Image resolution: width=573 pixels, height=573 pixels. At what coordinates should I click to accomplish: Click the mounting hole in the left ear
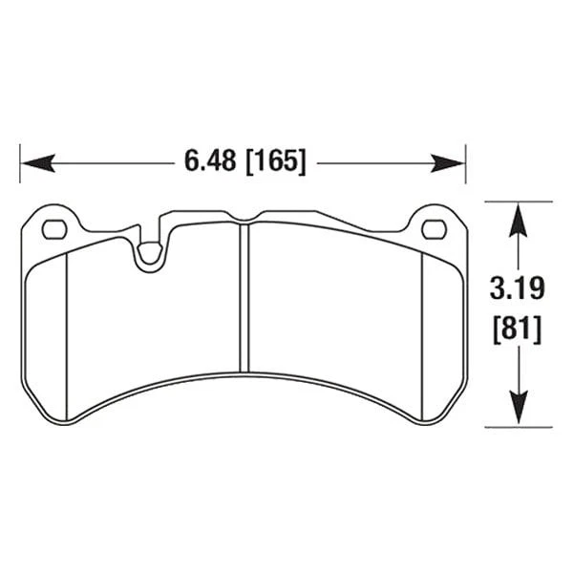[53, 228]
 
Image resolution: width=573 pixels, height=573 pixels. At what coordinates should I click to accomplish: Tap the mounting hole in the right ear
[433, 228]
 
